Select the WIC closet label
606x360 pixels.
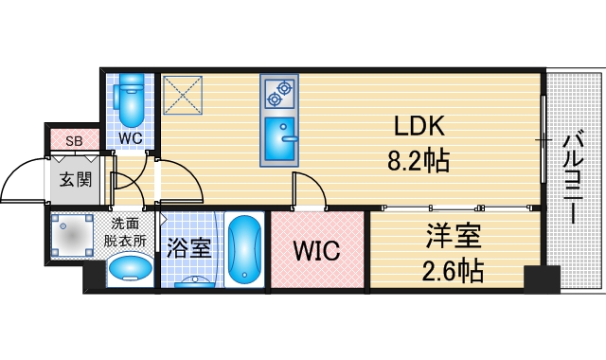tap(315, 251)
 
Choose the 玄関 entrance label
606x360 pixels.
tap(74, 180)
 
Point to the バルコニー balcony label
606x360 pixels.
tap(573, 177)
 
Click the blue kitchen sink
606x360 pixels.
tap(279, 139)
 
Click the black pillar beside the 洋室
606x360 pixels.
tap(541, 279)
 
